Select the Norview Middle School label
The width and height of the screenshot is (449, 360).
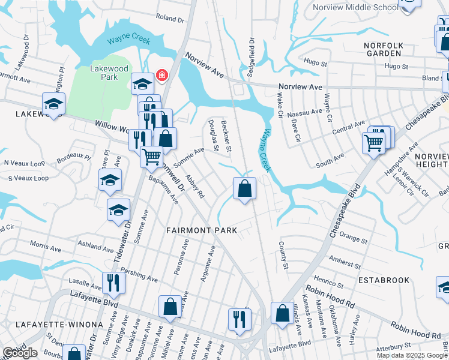point(356,7)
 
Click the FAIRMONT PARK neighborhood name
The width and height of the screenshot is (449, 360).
point(202,230)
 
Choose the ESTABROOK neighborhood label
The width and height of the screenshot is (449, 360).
point(384,280)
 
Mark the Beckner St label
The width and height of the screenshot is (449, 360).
point(226,135)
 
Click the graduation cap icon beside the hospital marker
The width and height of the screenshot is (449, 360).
point(142,84)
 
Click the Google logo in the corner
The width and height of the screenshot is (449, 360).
point(20,353)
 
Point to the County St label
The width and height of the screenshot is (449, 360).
point(283,255)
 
